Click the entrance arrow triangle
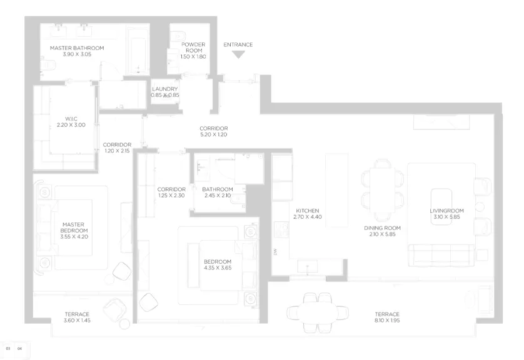(238, 54)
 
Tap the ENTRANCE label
(238, 44)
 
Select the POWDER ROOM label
(193, 47)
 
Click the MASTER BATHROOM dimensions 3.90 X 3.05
(77, 54)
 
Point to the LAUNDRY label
(164, 89)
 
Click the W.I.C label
(71, 119)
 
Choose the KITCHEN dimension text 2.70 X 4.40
(308, 217)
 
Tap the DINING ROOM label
(382, 228)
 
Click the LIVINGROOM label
(446, 211)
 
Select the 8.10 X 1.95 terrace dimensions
(387, 320)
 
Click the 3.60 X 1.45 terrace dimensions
(77, 320)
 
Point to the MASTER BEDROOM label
(74, 227)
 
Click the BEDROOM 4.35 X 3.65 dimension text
(218, 268)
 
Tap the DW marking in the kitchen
(275, 252)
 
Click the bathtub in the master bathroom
(138, 51)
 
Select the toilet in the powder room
(178, 35)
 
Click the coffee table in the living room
(441, 207)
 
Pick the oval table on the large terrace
(318, 312)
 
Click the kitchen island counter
(337, 191)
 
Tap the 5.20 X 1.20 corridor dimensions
(213, 134)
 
